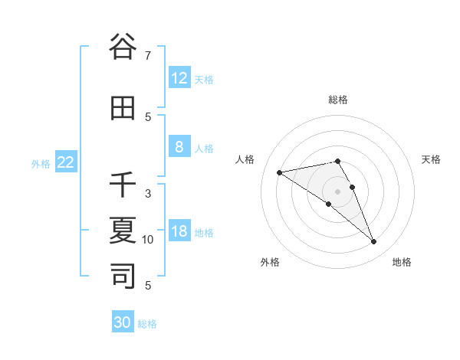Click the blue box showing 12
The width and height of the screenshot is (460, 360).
coord(179,78)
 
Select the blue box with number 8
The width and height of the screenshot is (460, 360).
coord(179,147)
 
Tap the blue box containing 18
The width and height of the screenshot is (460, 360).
coord(179,231)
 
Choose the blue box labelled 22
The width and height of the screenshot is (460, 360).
coord(66,162)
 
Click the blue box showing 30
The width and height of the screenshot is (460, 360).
coord(123,322)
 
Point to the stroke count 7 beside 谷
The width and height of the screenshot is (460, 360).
coord(148,56)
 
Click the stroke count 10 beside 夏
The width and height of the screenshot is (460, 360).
coord(148,240)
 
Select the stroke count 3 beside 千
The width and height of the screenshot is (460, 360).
coord(148,194)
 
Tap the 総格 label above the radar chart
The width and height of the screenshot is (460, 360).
coord(338,100)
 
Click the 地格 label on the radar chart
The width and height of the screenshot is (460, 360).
coord(402,262)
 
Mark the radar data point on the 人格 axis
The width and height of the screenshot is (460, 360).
coord(280,172)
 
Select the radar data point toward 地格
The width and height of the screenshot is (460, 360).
coord(374,242)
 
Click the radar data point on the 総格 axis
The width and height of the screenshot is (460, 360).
coord(338,161)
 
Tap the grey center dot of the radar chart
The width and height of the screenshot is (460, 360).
coord(338,191)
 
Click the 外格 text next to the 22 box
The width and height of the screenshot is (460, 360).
coord(41,163)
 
